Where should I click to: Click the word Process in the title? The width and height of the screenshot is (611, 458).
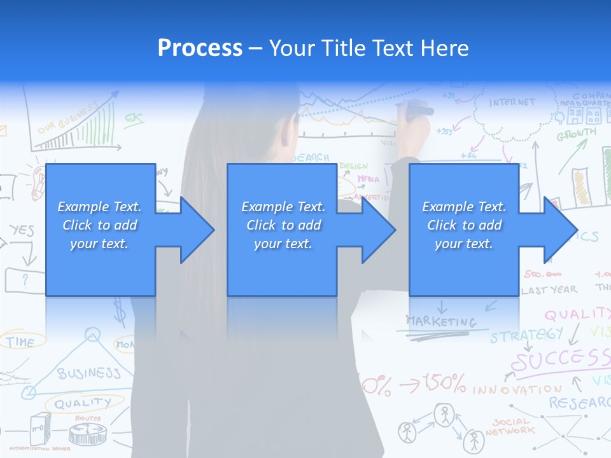(200, 48)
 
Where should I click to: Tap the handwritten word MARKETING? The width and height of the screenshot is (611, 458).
(441, 321)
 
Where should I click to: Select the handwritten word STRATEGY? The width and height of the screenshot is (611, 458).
(526, 335)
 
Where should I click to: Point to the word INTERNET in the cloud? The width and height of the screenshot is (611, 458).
(512, 102)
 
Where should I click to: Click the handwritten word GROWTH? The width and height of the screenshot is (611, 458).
(577, 135)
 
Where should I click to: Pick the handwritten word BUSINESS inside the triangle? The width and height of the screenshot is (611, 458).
(88, 373)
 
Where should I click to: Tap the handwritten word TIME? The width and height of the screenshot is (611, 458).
(20, 342)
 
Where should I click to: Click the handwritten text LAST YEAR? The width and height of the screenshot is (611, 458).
(549, 290)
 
